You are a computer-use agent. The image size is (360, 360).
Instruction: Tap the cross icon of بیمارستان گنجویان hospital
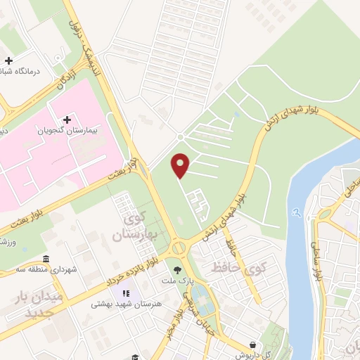click(67, 120)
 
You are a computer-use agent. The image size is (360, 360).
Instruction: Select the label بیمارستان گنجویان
click(70, 131)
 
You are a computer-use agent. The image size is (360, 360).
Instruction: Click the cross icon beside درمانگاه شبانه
click(8, 61)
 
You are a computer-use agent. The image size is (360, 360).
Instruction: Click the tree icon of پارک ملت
click(176, 269)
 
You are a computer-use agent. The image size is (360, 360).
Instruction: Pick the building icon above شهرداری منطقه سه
click(46, 258)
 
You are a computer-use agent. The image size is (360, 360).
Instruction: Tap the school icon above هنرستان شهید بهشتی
click(127, 293)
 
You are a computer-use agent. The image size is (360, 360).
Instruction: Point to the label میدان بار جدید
click(53, 305)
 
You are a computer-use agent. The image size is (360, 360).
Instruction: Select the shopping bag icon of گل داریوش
click(252, 345)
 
